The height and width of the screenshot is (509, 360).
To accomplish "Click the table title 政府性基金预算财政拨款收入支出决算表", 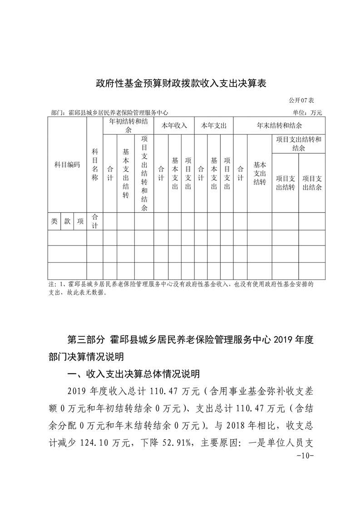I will pyautogui.click(x=180, y=83).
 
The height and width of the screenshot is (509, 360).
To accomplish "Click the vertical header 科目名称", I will pyautogui.click(x=95, y=165).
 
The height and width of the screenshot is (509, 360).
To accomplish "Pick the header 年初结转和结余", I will pyautogui.click(x=128, y=126).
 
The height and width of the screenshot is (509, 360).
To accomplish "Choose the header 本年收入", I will pyautogui.click(x=174, y=126).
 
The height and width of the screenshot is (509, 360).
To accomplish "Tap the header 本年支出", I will pyautogui.click(x=214, y=126).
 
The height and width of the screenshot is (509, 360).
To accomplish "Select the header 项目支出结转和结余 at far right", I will pyautogui.click(x=298, y=144).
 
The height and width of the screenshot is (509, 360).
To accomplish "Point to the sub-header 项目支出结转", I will pyautogui.click(x=286, y=183).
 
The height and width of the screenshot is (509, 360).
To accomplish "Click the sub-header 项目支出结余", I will pyautogui.click(x=312, y=183).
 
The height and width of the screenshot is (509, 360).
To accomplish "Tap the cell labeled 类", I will pyautogui.click(x=54, y=221).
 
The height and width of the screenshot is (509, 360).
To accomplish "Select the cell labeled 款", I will pyautogui.click(x=67, y=221).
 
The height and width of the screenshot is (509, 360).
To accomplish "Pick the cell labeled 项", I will pyautogui.click(x=80, y=221).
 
